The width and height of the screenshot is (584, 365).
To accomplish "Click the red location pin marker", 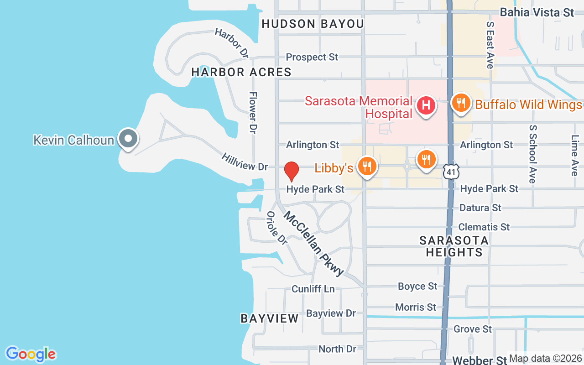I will coord(292,171).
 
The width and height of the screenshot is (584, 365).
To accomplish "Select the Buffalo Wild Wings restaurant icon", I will coord(461,103).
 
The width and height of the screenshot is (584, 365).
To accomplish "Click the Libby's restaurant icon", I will coord(367,166).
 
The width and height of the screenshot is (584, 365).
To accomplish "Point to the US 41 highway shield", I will coord(451,172).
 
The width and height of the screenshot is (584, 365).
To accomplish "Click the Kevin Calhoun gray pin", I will coord(128,138).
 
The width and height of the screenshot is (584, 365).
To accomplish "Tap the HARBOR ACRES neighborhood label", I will coord(241,72).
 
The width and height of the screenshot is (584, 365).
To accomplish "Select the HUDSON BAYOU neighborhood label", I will coord(313,24).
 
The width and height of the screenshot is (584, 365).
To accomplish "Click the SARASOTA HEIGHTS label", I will coord(454,246).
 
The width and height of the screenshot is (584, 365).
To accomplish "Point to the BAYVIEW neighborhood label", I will coord(270,318).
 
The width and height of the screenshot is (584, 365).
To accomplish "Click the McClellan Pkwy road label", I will coord(314,244).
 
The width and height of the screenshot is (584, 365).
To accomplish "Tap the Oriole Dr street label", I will coord(277,228).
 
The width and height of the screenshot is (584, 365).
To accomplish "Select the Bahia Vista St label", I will coord(537,12).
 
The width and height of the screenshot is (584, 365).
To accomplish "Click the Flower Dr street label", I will coord(252,112).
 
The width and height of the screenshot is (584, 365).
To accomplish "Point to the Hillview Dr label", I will coord(245,162).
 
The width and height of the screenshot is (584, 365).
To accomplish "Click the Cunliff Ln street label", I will coord(313,289).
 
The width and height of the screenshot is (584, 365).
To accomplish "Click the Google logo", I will coord(31,354).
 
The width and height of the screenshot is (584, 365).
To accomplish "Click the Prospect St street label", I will coord(312,57).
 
